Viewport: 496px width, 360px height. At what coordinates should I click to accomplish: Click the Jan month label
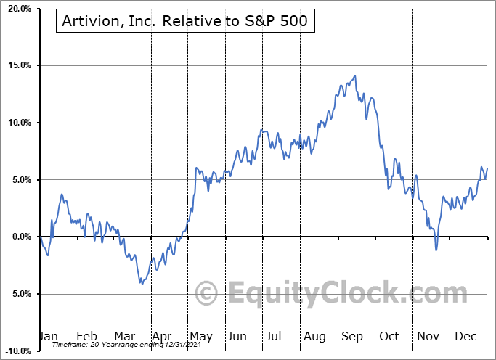click(x=48, y=336)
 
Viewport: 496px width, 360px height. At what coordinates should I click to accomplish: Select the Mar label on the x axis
click(x=124, y=336)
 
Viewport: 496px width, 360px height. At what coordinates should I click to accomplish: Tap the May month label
click(x=200, y=336)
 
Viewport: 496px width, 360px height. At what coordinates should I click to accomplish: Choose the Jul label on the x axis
click(x=275, y=336)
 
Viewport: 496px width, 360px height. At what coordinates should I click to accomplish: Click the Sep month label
click(x=352, y=336)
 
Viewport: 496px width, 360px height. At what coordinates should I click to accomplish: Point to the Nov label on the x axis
click(x=427, y=336)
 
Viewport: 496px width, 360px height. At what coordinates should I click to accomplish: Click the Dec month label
click(x=465, y=336)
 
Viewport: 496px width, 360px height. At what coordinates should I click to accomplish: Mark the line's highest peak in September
click(x=354, y=75)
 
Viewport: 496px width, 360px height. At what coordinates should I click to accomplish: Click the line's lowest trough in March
click(x=141, y=283)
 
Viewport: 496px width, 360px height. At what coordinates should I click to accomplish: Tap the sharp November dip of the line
click(x=436, y=250)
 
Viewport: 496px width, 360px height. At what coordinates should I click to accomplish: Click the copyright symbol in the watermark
click(x=207, y=294)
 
